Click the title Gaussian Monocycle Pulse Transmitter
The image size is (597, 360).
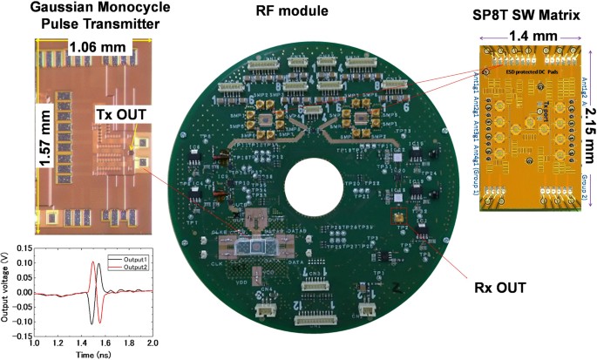tap(76, 17)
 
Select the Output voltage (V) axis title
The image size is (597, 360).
tap(6, 291)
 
